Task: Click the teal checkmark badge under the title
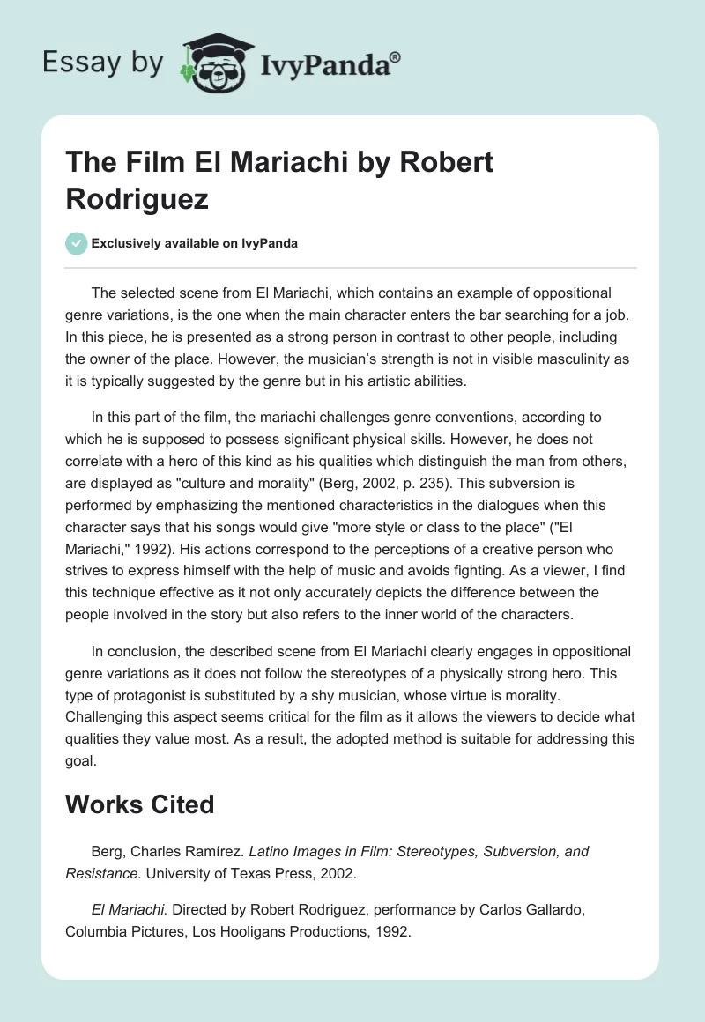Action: point(77,243)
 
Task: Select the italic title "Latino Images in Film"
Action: point(321,851)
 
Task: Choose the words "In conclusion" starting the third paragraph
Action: point(133,651)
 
